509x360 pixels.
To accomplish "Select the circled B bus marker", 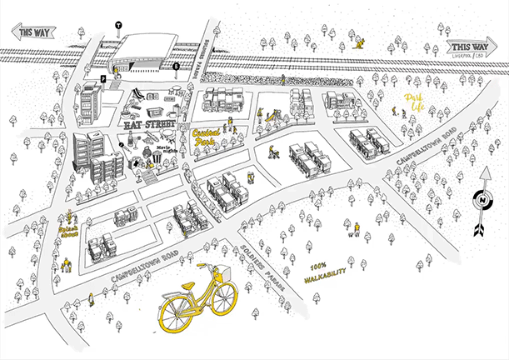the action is [176, 65].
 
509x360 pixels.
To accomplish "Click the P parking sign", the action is [103, 78].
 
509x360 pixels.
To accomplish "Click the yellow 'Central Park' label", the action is [209, 137].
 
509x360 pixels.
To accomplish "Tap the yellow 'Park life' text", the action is [414, 102].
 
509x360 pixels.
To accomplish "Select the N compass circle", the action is [481, 200].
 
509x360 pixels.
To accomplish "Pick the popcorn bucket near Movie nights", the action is [156, 158].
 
